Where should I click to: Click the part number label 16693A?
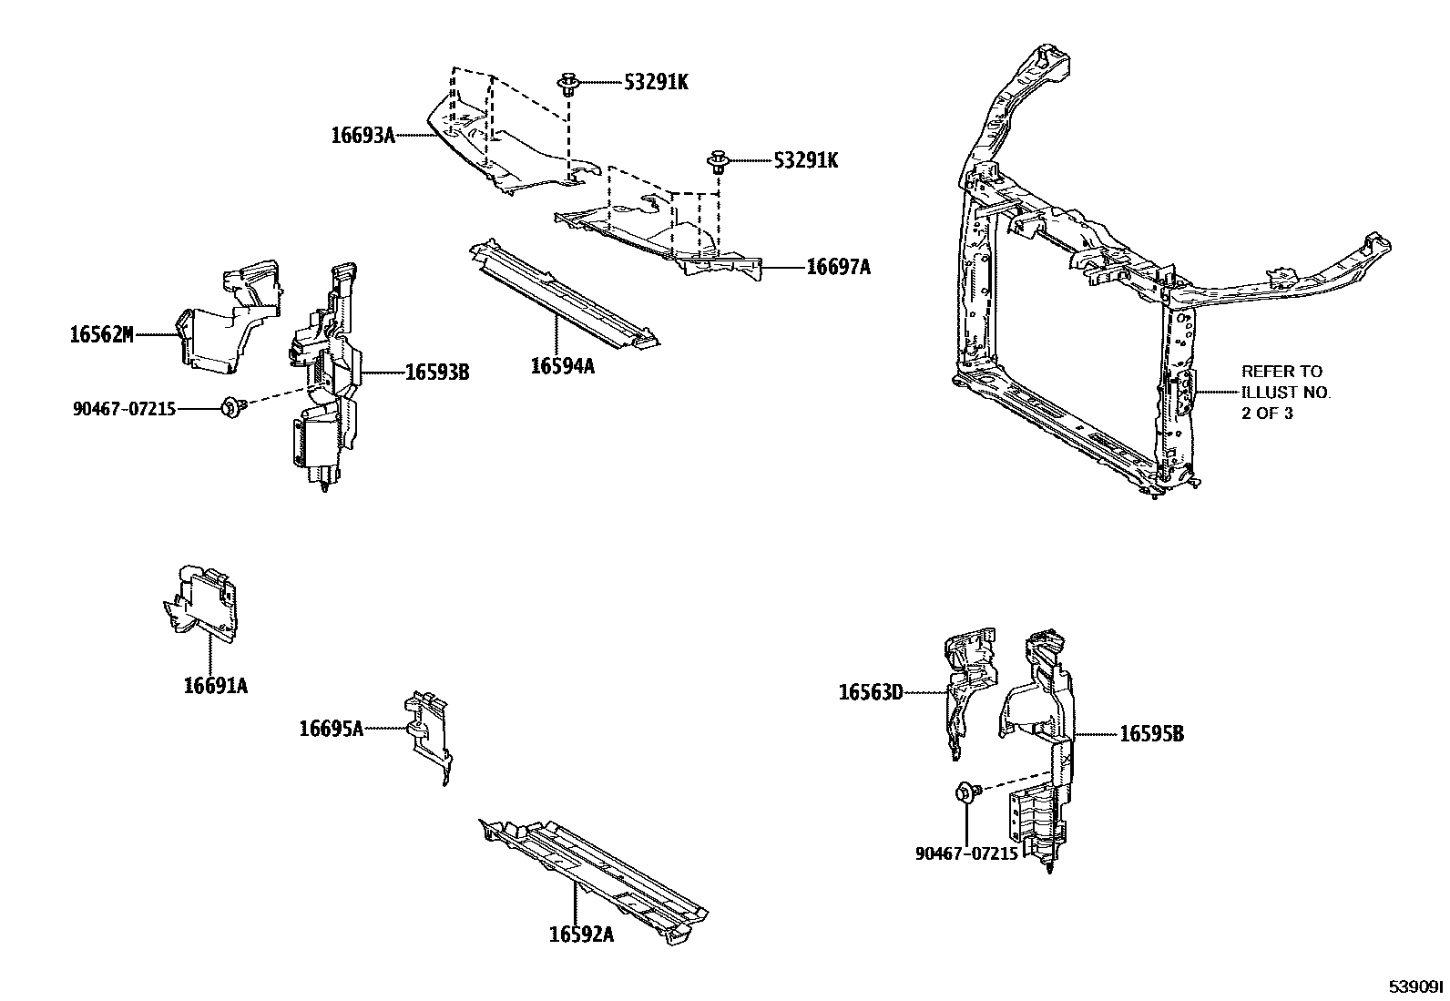(x=362, y=136)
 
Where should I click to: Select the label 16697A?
(x=838, y=267)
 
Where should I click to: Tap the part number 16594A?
(x=562, y=366)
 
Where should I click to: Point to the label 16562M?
(x=101, y=334)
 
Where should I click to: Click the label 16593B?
(x=436, y=372)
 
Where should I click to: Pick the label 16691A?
(x=215, y=686)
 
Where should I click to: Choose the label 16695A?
(x=331, y=728)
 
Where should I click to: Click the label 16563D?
(x=870, y=693)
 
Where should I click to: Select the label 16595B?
(x=1151, y=733)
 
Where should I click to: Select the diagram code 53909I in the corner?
(x=1416, y=987)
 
